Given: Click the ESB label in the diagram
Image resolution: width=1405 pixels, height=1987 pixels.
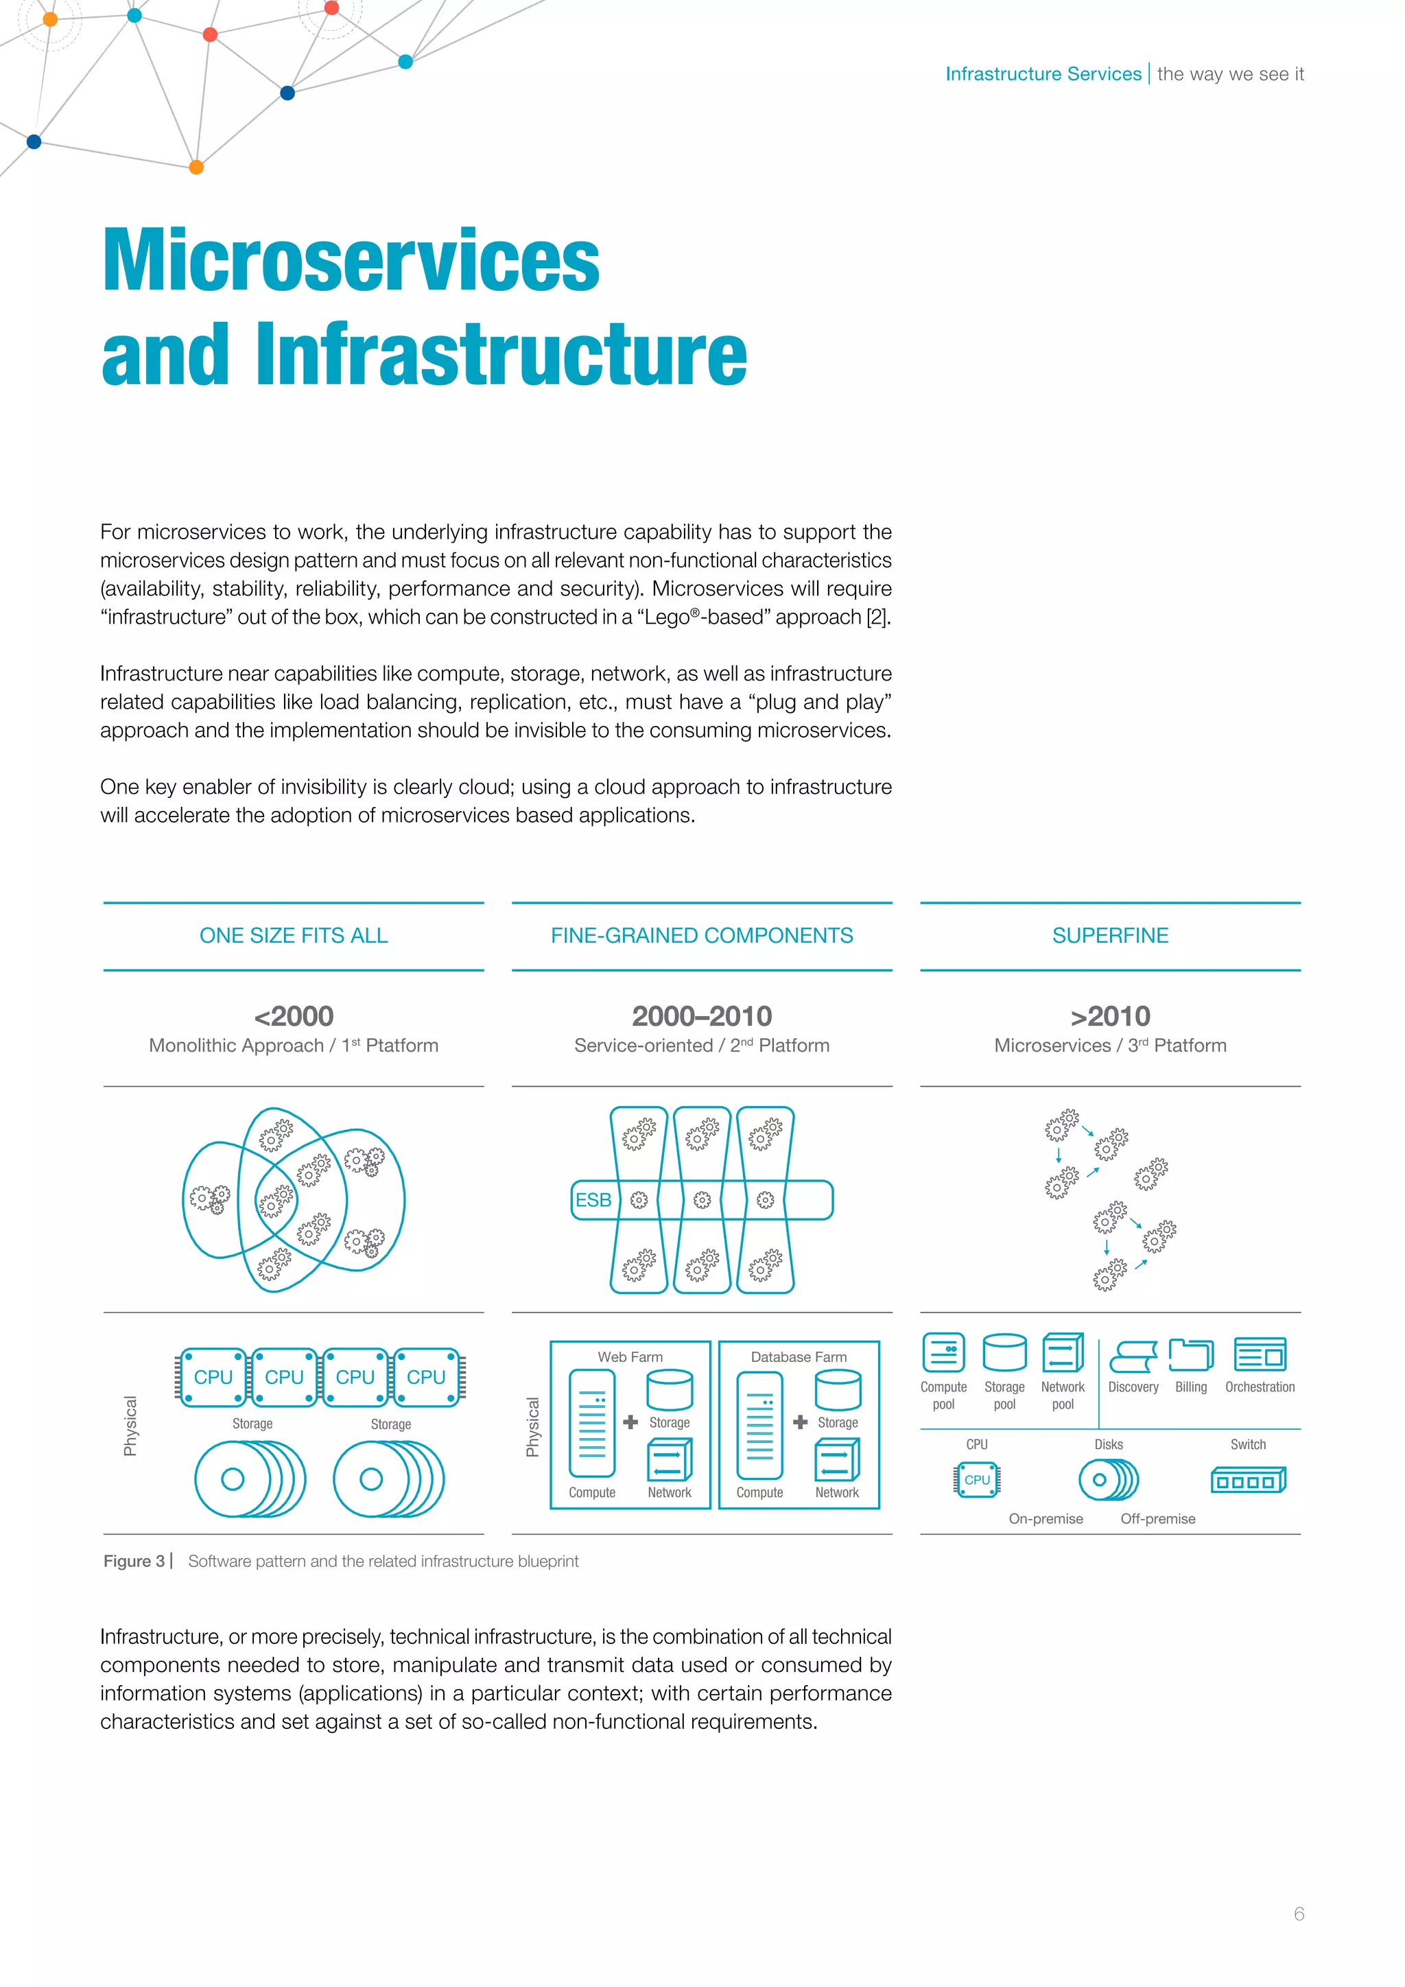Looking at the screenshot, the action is point(593,1199).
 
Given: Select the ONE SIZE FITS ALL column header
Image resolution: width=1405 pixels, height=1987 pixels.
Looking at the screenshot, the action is point(294,935).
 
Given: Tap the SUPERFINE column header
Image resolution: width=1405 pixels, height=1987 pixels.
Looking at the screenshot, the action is point(1110,935).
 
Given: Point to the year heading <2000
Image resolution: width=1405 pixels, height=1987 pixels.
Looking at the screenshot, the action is point(294,1015).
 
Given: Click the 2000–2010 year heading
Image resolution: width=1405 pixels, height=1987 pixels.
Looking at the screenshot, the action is point(702,1015).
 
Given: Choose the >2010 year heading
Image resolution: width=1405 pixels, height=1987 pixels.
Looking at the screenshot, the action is point(1110,1015).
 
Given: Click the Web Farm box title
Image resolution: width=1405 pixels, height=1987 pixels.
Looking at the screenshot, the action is point(630,1357).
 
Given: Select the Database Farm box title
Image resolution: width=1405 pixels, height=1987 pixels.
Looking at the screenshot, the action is point(799,1357).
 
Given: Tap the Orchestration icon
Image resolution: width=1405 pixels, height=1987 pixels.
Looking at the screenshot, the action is point(1260,1354).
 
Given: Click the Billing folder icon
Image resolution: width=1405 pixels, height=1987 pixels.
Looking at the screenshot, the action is point(1190,1354).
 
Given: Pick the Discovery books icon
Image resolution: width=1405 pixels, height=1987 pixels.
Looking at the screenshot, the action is point(1133,1356).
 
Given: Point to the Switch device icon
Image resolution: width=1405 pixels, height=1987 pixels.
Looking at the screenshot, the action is point(1247,1481).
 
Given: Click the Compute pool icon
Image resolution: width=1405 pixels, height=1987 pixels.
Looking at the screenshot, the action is point(943,1352).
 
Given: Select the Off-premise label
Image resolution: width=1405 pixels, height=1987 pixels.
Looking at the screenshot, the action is point(1157,1519).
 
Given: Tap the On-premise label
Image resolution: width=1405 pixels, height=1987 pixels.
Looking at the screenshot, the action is point(1045,1519).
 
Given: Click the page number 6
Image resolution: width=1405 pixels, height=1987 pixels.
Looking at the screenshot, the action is point(1299,1914).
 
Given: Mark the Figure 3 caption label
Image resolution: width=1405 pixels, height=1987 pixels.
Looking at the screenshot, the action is point(134,1561).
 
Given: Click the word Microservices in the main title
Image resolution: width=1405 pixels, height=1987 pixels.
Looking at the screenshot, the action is point(351,261).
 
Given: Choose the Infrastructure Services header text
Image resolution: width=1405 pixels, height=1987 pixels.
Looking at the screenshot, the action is point(1043,74).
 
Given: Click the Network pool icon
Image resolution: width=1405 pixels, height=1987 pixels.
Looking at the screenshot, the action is point(1063,1352).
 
